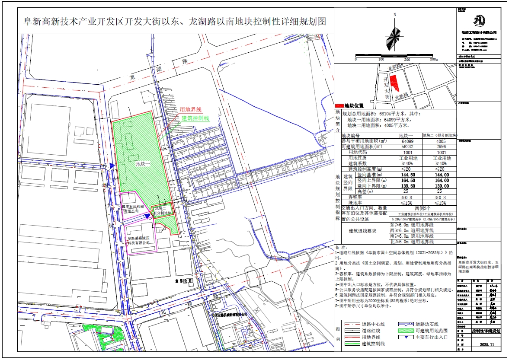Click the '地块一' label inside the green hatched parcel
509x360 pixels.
click(142, 164)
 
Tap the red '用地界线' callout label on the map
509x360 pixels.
click(191, 110)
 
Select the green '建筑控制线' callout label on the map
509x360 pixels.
click(195, 118)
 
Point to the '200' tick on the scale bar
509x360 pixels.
click(407, 60)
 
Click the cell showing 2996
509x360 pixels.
click(441, 147)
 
